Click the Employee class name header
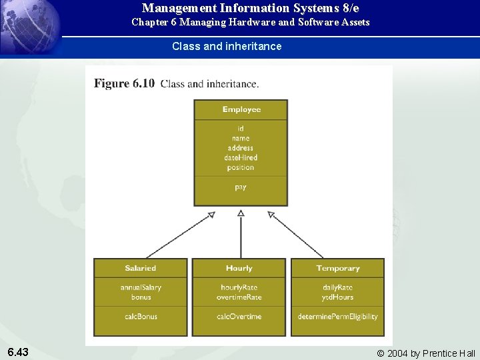tap(241, 109)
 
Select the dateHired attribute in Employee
tap(241, 157)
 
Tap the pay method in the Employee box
tap(241, 187)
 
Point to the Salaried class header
tap(140, 268)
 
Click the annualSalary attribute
tap(141, 287)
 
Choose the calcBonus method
tap(141, 316)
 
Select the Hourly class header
tap(239, 268)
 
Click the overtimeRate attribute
tap(239, 297)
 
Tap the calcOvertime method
tap(239, 316)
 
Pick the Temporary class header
tap(337, 268)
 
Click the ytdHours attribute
tap(337, 297)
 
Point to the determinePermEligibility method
tap(337, 316)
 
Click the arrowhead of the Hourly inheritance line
tap(241, 213)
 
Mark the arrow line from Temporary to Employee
tap(297, 235)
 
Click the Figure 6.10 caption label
tap(125, 84)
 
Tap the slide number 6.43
tap(18, 351)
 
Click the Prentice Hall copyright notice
tap(426, 353)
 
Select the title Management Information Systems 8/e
tap(250, 9)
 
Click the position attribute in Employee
tap(241, 167)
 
